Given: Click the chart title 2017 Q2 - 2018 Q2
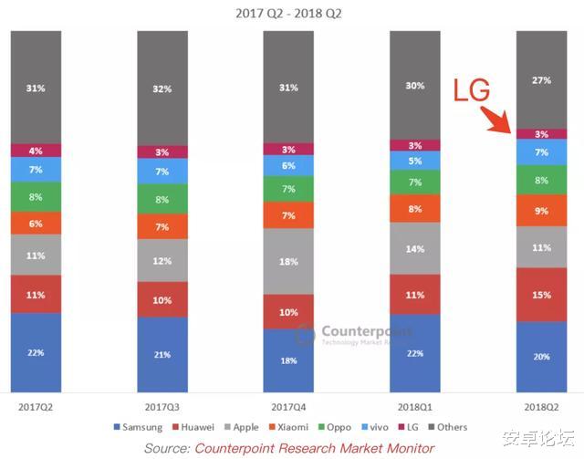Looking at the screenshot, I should pyautogui.click(x=291, y=12).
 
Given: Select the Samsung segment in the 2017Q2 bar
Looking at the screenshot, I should pyautogui.click(x=36, y=352).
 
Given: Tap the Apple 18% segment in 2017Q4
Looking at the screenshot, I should pyautogui.click(x=288, y=261).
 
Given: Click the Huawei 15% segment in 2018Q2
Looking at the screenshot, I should pyautogui.click(x=541, y=294).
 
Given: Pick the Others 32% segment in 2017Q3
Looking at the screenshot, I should pyautogui.click(x=162, y=89).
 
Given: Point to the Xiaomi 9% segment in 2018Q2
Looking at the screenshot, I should pyautogui.click(x=541, y=211).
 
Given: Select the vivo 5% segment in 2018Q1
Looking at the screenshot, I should pyautogui.click(x=415, y=161).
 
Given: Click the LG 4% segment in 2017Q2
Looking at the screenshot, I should pyautogui.click(x=36, y=151).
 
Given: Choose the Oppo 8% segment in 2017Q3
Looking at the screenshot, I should pyautogui.click(x=162, y=200).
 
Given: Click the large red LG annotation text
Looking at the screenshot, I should pyautogui.click(x=473, y=89).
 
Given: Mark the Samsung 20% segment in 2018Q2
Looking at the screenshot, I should pyautogui.click(x=541, y=357).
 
